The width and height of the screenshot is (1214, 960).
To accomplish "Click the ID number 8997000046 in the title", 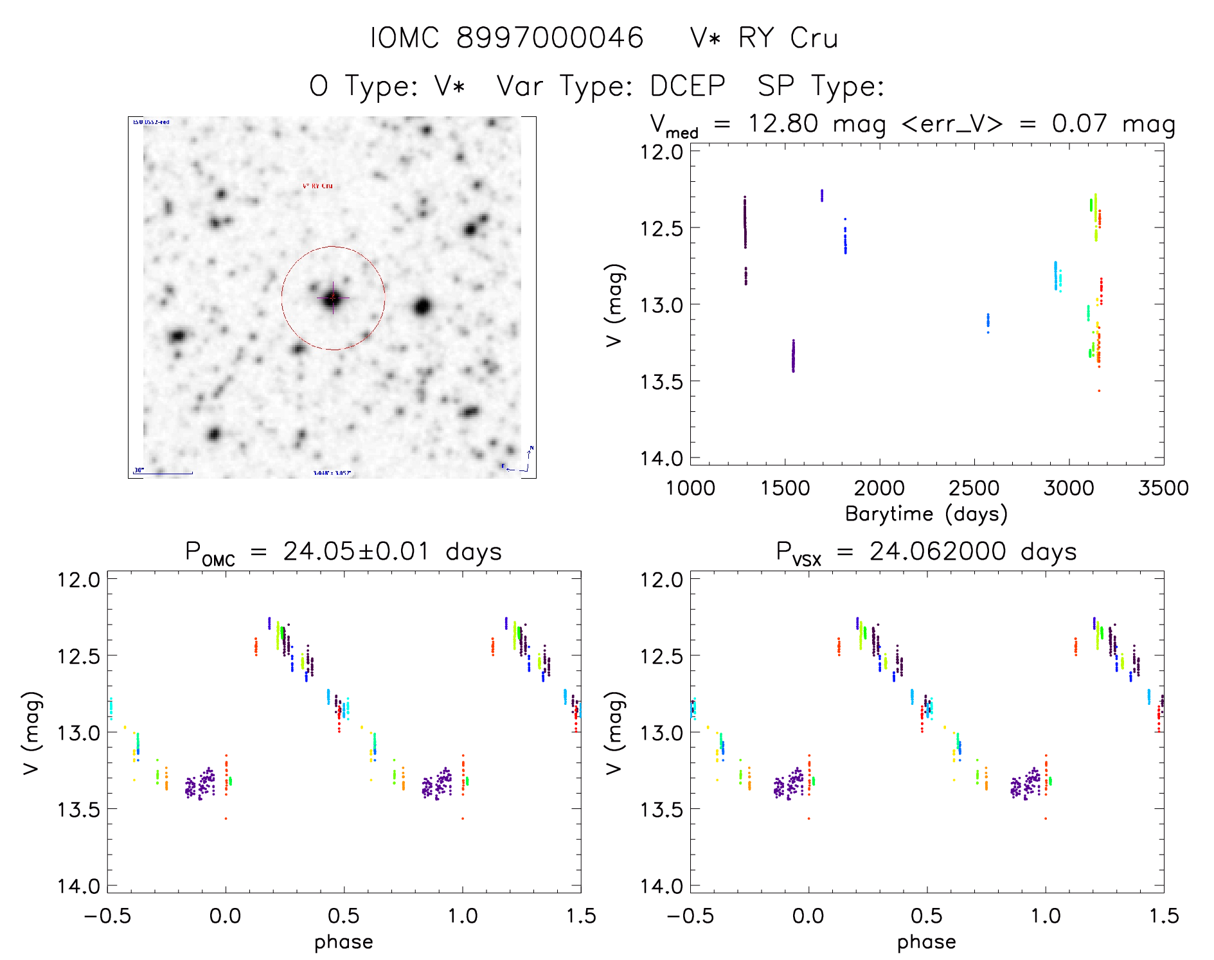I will coord(549,38).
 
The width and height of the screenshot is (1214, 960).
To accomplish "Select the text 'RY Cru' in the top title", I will coord(788,38).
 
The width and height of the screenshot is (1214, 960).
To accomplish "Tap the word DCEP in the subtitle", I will coord(687,85).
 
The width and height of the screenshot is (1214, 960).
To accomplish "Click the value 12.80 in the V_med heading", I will coord(783,123).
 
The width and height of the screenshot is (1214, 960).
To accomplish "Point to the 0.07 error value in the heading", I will coord(1079,123).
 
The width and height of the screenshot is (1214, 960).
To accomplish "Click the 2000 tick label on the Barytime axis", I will coord(879,488).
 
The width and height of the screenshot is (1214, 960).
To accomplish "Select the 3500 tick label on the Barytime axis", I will coord(1163,488).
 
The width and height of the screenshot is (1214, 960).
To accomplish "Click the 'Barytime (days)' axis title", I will coord(926,514).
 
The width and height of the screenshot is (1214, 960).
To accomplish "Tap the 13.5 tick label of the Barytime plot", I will coord(661,382).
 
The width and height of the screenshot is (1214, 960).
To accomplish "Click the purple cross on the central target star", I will coord(333,298).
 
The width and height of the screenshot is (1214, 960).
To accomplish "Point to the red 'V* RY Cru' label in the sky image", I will coord(317,186).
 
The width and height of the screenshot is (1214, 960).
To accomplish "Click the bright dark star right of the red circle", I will coord(422,307).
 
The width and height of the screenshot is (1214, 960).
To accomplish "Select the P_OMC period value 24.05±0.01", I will coord(356,551).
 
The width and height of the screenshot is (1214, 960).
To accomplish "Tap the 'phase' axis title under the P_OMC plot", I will coord(343,942).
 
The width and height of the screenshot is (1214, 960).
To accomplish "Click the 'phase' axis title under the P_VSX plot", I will coord(926,942).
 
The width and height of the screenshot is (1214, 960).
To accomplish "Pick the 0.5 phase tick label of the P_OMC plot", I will coord(343,916).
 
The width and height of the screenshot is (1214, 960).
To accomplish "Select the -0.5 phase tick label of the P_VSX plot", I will coord(690,916).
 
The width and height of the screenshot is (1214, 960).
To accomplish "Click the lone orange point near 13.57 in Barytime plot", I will coord(1098,391).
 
